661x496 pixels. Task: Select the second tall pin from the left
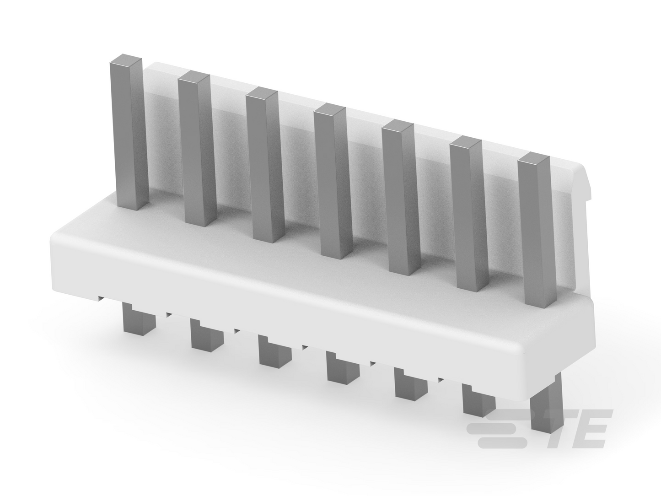pyautogui.click(x=197, y=148)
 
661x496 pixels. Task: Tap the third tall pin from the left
pyautogui.click(x=265, y=165)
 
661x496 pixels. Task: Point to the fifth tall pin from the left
pyautogui.click(x=401, y=198)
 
